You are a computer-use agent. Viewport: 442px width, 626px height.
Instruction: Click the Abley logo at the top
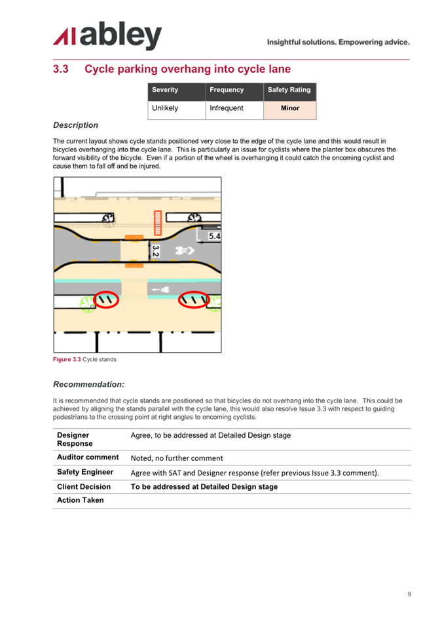107,35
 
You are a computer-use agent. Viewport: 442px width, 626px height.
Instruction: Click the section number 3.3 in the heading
61,69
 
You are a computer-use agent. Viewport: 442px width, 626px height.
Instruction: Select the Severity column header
177,92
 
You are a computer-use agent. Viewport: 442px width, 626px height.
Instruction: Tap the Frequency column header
234,92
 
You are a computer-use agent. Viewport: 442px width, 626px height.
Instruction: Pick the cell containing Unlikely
177,110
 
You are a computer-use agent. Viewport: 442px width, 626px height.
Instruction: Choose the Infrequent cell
234,110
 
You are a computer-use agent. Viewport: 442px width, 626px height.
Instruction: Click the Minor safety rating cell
290,110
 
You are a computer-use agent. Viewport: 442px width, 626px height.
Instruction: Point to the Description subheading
75,125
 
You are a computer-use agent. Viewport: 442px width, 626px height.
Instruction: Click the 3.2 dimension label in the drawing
155,251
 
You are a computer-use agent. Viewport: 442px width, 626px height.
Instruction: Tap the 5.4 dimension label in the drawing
214,236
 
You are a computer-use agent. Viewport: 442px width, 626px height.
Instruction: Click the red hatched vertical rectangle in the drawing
158,223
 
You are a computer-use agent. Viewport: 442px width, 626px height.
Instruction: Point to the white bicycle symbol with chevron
185,250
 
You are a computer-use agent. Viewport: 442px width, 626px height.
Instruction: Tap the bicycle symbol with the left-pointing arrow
161,290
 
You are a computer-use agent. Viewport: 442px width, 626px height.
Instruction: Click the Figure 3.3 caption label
67,359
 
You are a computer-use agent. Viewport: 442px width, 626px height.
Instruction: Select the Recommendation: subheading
88,385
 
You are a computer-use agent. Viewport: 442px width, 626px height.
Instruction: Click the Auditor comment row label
88,457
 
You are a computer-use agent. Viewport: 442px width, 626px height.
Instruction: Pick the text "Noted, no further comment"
177,458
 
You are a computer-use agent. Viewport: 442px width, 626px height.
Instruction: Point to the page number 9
409,594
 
